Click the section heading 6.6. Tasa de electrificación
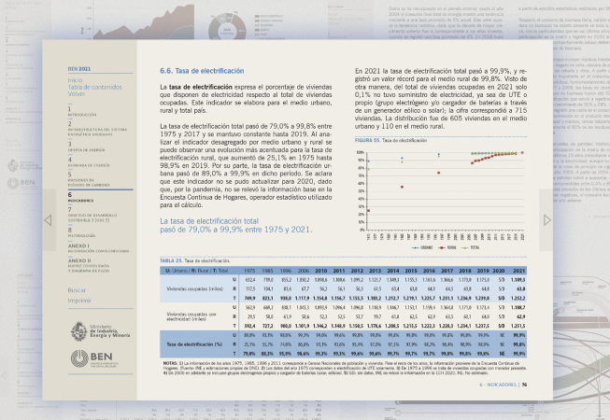tap(199, 70)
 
